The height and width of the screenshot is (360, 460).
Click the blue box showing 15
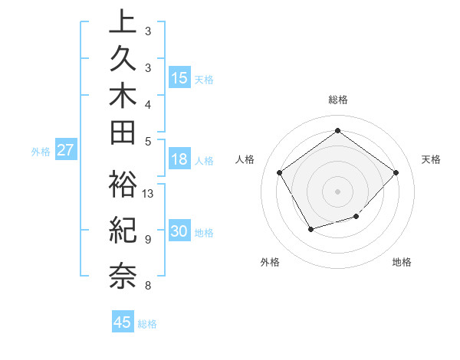click(179, 77)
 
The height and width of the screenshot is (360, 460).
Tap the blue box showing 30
click(179, 231)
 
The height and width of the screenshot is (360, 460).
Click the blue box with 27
click(65, 150)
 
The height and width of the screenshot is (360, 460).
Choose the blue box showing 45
click(123, 322)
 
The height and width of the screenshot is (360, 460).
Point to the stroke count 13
click(148, 194)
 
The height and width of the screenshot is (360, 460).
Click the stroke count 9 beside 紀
click(147, 240)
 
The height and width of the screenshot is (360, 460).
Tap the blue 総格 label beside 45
click(148, 324)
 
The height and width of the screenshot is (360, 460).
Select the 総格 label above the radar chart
click(337, 100)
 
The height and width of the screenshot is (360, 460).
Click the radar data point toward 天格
click(396, 172)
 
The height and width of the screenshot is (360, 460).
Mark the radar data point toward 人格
click(280, 172)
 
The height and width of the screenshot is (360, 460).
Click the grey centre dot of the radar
click(337, 191)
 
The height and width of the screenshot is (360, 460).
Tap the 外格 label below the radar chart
click(270, 262)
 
